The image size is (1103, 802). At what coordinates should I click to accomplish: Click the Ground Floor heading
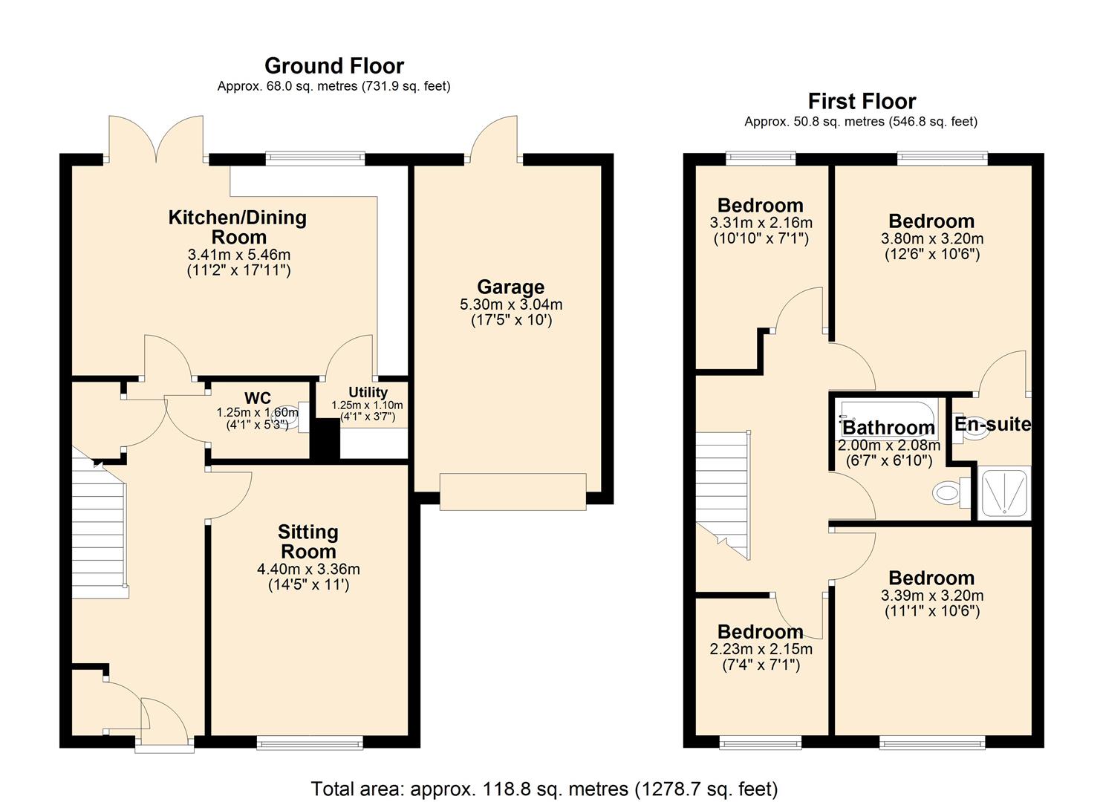point(334,66)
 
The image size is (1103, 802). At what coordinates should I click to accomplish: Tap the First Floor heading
point(862,101)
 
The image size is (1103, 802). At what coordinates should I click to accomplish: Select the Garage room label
point(510,287)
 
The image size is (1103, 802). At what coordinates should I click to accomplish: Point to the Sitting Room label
point(308,542)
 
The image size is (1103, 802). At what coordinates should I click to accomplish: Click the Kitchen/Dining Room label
point(238,227)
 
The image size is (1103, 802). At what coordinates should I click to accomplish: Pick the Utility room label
point(368,392)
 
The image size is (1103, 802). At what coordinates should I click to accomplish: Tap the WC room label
point(257,398)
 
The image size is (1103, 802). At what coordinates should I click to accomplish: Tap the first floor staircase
point(722,490)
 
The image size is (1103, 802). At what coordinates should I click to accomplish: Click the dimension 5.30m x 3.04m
point(511,304)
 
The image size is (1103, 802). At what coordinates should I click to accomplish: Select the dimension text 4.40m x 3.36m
point(308,570)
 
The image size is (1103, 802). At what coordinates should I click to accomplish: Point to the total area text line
point(544,789)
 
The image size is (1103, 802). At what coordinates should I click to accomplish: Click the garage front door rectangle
point(513,492)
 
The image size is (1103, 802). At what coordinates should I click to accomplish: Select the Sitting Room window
point(310,742)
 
